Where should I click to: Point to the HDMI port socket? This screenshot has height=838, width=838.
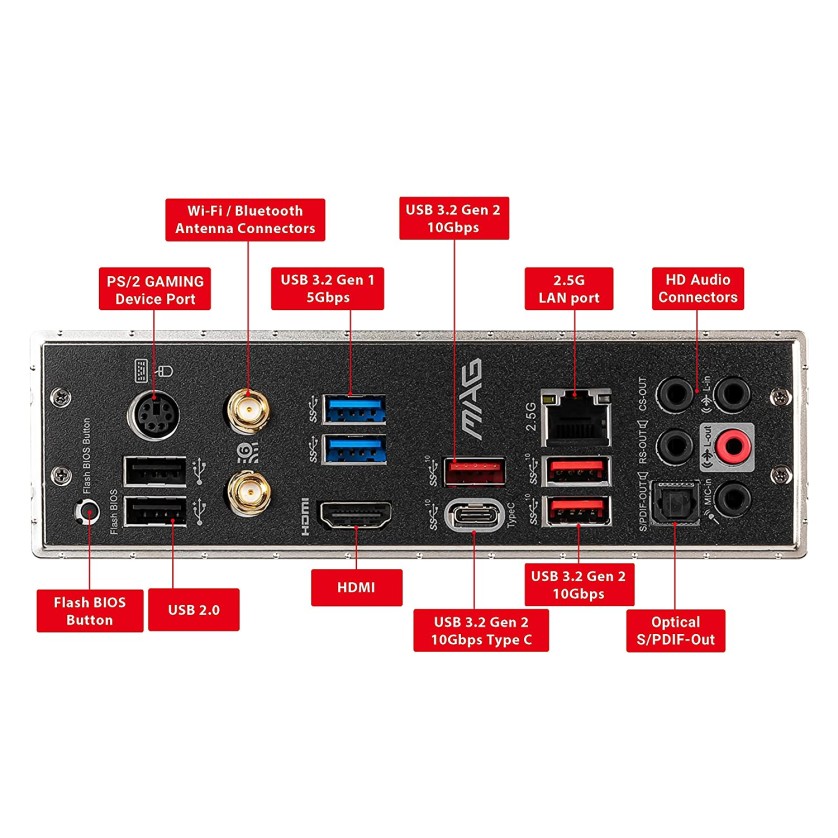[354, 518]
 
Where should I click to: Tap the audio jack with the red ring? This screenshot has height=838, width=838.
[736, 443]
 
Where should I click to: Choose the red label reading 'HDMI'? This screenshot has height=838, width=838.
[356, 587]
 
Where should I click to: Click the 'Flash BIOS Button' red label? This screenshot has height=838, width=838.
[89, 610]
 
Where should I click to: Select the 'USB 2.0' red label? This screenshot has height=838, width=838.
[193, 610]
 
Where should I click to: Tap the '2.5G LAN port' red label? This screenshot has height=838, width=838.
[569, 289]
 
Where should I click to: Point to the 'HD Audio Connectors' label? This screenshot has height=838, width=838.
[698, 287]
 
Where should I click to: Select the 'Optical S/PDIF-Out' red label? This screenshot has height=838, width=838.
[675, 631]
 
